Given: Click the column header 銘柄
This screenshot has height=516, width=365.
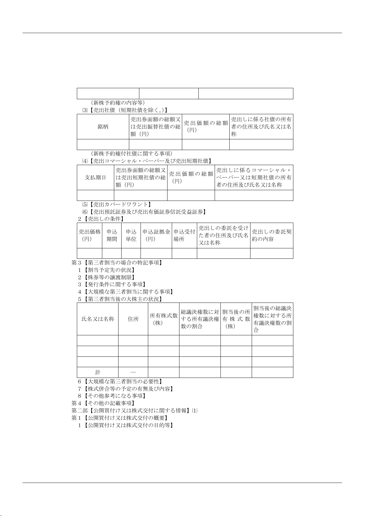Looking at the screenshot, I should coord(103,127).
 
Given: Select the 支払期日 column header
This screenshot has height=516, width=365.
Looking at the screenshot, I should coord(95,178).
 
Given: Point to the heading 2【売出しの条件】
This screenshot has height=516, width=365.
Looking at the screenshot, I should coord(101,219).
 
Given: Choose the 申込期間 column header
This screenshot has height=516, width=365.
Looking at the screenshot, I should coord(112,235).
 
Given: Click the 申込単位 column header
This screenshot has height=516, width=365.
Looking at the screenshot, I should coord(131,235).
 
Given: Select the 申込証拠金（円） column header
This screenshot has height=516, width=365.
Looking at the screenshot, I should coord(156,235).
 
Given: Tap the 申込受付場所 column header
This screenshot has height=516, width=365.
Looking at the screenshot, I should coord(184,235).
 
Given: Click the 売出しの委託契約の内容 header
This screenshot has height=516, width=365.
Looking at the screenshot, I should coord(272,235).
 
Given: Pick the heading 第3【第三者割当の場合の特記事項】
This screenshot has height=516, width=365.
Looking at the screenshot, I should coord(117,263).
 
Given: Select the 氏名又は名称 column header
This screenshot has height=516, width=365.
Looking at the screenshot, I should coord(98,319).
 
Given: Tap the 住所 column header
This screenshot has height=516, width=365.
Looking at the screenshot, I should coord(133,319).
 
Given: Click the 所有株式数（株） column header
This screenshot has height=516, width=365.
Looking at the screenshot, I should coord(164,319).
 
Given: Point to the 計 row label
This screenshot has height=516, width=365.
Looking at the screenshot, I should coord(98,372).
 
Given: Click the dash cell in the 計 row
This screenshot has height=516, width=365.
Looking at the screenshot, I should coord(133,372).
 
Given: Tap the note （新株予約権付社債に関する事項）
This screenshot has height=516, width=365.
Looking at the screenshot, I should coord(132,153).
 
